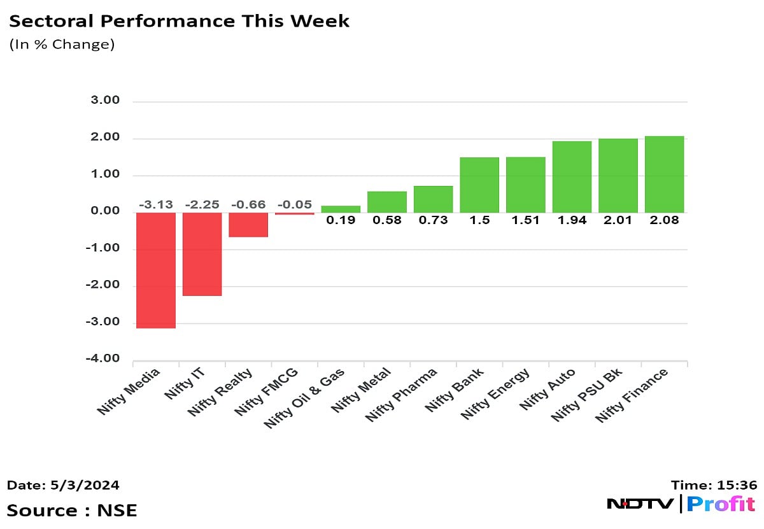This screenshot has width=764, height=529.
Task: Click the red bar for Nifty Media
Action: [156, 270]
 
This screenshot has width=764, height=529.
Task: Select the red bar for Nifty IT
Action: [202, 253]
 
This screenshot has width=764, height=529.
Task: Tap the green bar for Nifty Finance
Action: [664, 174]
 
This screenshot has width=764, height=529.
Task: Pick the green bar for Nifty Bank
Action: [479, 185]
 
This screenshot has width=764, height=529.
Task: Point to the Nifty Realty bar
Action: [248, 224]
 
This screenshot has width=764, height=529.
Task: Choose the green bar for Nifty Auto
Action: [572, 176]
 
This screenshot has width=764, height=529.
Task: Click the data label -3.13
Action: [156, 204]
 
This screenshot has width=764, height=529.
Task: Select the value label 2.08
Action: [664, 220]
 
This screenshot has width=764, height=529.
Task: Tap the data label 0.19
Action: [341, 220]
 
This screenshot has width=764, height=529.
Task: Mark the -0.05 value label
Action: [294, 204]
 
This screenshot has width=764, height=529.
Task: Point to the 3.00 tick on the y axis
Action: [104, 101]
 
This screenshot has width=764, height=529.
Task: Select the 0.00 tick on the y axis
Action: [104, 211]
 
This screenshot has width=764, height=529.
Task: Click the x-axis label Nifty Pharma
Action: [401, 394]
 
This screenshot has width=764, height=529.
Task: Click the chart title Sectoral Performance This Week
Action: [179, 21]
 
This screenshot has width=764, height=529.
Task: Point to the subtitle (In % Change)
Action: [61, 45]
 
